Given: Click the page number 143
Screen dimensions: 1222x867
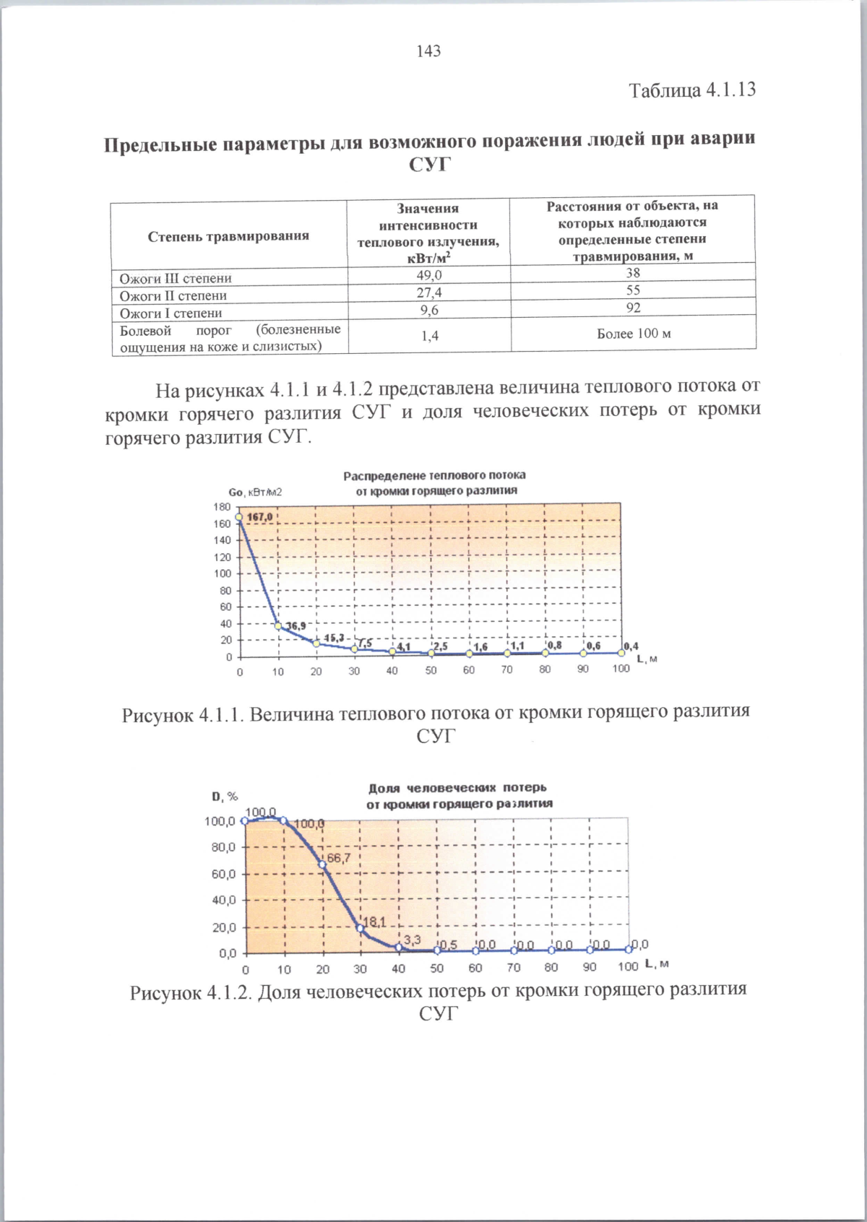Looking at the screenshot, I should pyautogui.click(x=428, y=51).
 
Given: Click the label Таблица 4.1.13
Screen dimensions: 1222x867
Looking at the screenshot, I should pyautogui.click(x=691, y=90).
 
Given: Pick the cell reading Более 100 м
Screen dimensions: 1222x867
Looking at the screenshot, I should pyautogui.click(x=633, y=334).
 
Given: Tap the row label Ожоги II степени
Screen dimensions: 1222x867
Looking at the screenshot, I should pyautogui.click(x=173, y=295).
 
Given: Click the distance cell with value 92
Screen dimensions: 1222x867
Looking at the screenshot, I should pyautogui.click(x=633, y=308).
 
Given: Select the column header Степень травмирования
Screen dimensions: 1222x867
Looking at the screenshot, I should pyautogui.click(x=228, y=236).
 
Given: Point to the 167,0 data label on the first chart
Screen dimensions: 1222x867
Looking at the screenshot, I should pyautogui.click(x=260, y=517).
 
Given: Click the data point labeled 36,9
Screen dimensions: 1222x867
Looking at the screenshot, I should pyautogui.click(x=278, y=626).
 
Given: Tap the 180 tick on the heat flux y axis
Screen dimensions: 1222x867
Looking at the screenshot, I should pyautogui.click(x=222, y=507).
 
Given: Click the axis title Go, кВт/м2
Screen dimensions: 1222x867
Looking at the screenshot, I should pyautogui.click(x=255, y=492).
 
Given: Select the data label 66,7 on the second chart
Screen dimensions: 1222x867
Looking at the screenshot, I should pyautogui.click(x=338, y=858).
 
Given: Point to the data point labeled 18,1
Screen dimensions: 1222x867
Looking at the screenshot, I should pyautogui.click(x=360, y=928).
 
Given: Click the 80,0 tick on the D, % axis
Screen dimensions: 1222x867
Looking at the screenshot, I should pyautogui.click(x=223, y=847).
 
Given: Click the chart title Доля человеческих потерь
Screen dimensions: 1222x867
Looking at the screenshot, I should pyautogui.click(x=457, y=787).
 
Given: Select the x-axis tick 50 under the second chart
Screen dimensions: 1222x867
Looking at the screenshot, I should pyautogui.click(x=437, y=968).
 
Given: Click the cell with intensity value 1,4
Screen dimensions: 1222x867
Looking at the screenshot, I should pyautogui.click(x=428, y=336).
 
